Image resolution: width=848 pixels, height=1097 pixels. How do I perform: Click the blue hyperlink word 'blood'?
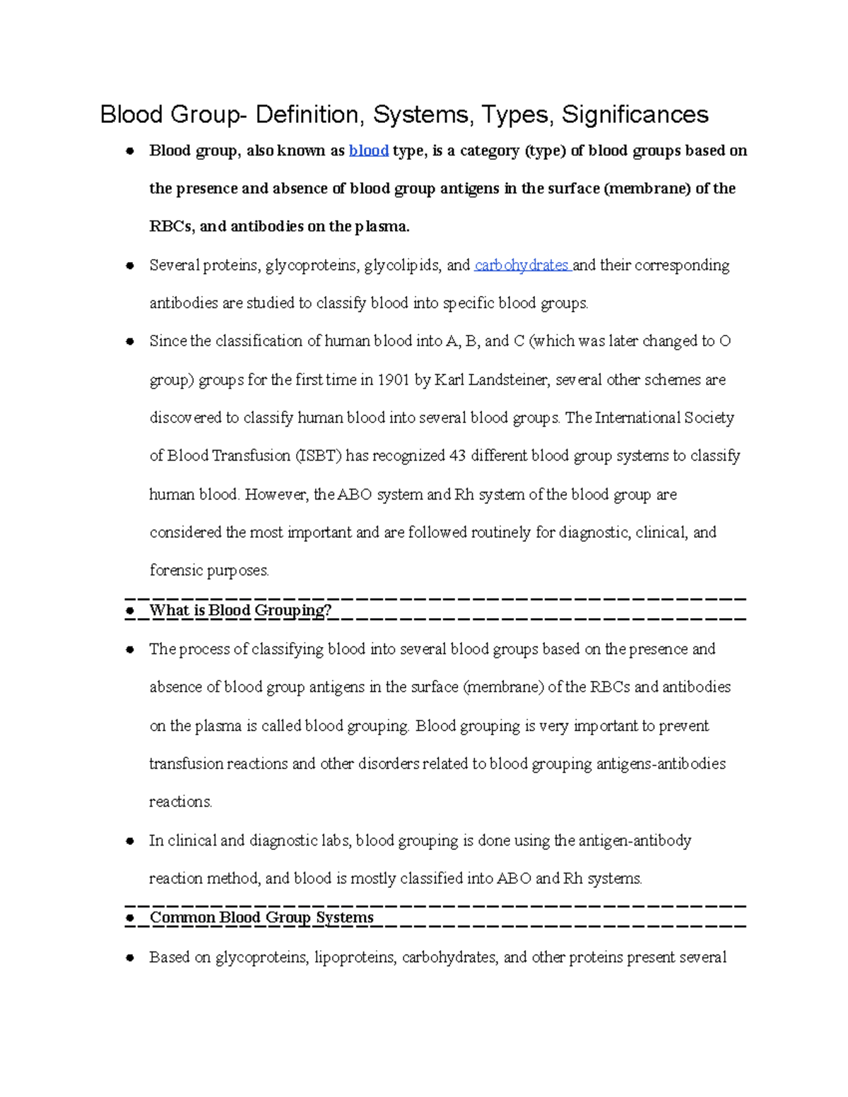point(369,150)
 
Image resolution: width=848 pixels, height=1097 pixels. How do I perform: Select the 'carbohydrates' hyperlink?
point(522,265)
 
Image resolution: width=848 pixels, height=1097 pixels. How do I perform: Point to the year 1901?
point(394,380)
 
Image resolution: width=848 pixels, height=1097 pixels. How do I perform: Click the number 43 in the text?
point(457,456)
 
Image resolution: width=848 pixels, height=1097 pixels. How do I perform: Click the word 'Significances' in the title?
point(635,114)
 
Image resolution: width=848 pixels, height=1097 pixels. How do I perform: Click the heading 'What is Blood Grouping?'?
point(240,610)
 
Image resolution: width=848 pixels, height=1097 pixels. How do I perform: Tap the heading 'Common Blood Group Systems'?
point(261,918)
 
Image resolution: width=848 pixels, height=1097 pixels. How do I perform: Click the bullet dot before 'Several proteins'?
point(130,266)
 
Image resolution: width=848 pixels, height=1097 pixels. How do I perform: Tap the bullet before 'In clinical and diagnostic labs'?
point(130,841)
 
